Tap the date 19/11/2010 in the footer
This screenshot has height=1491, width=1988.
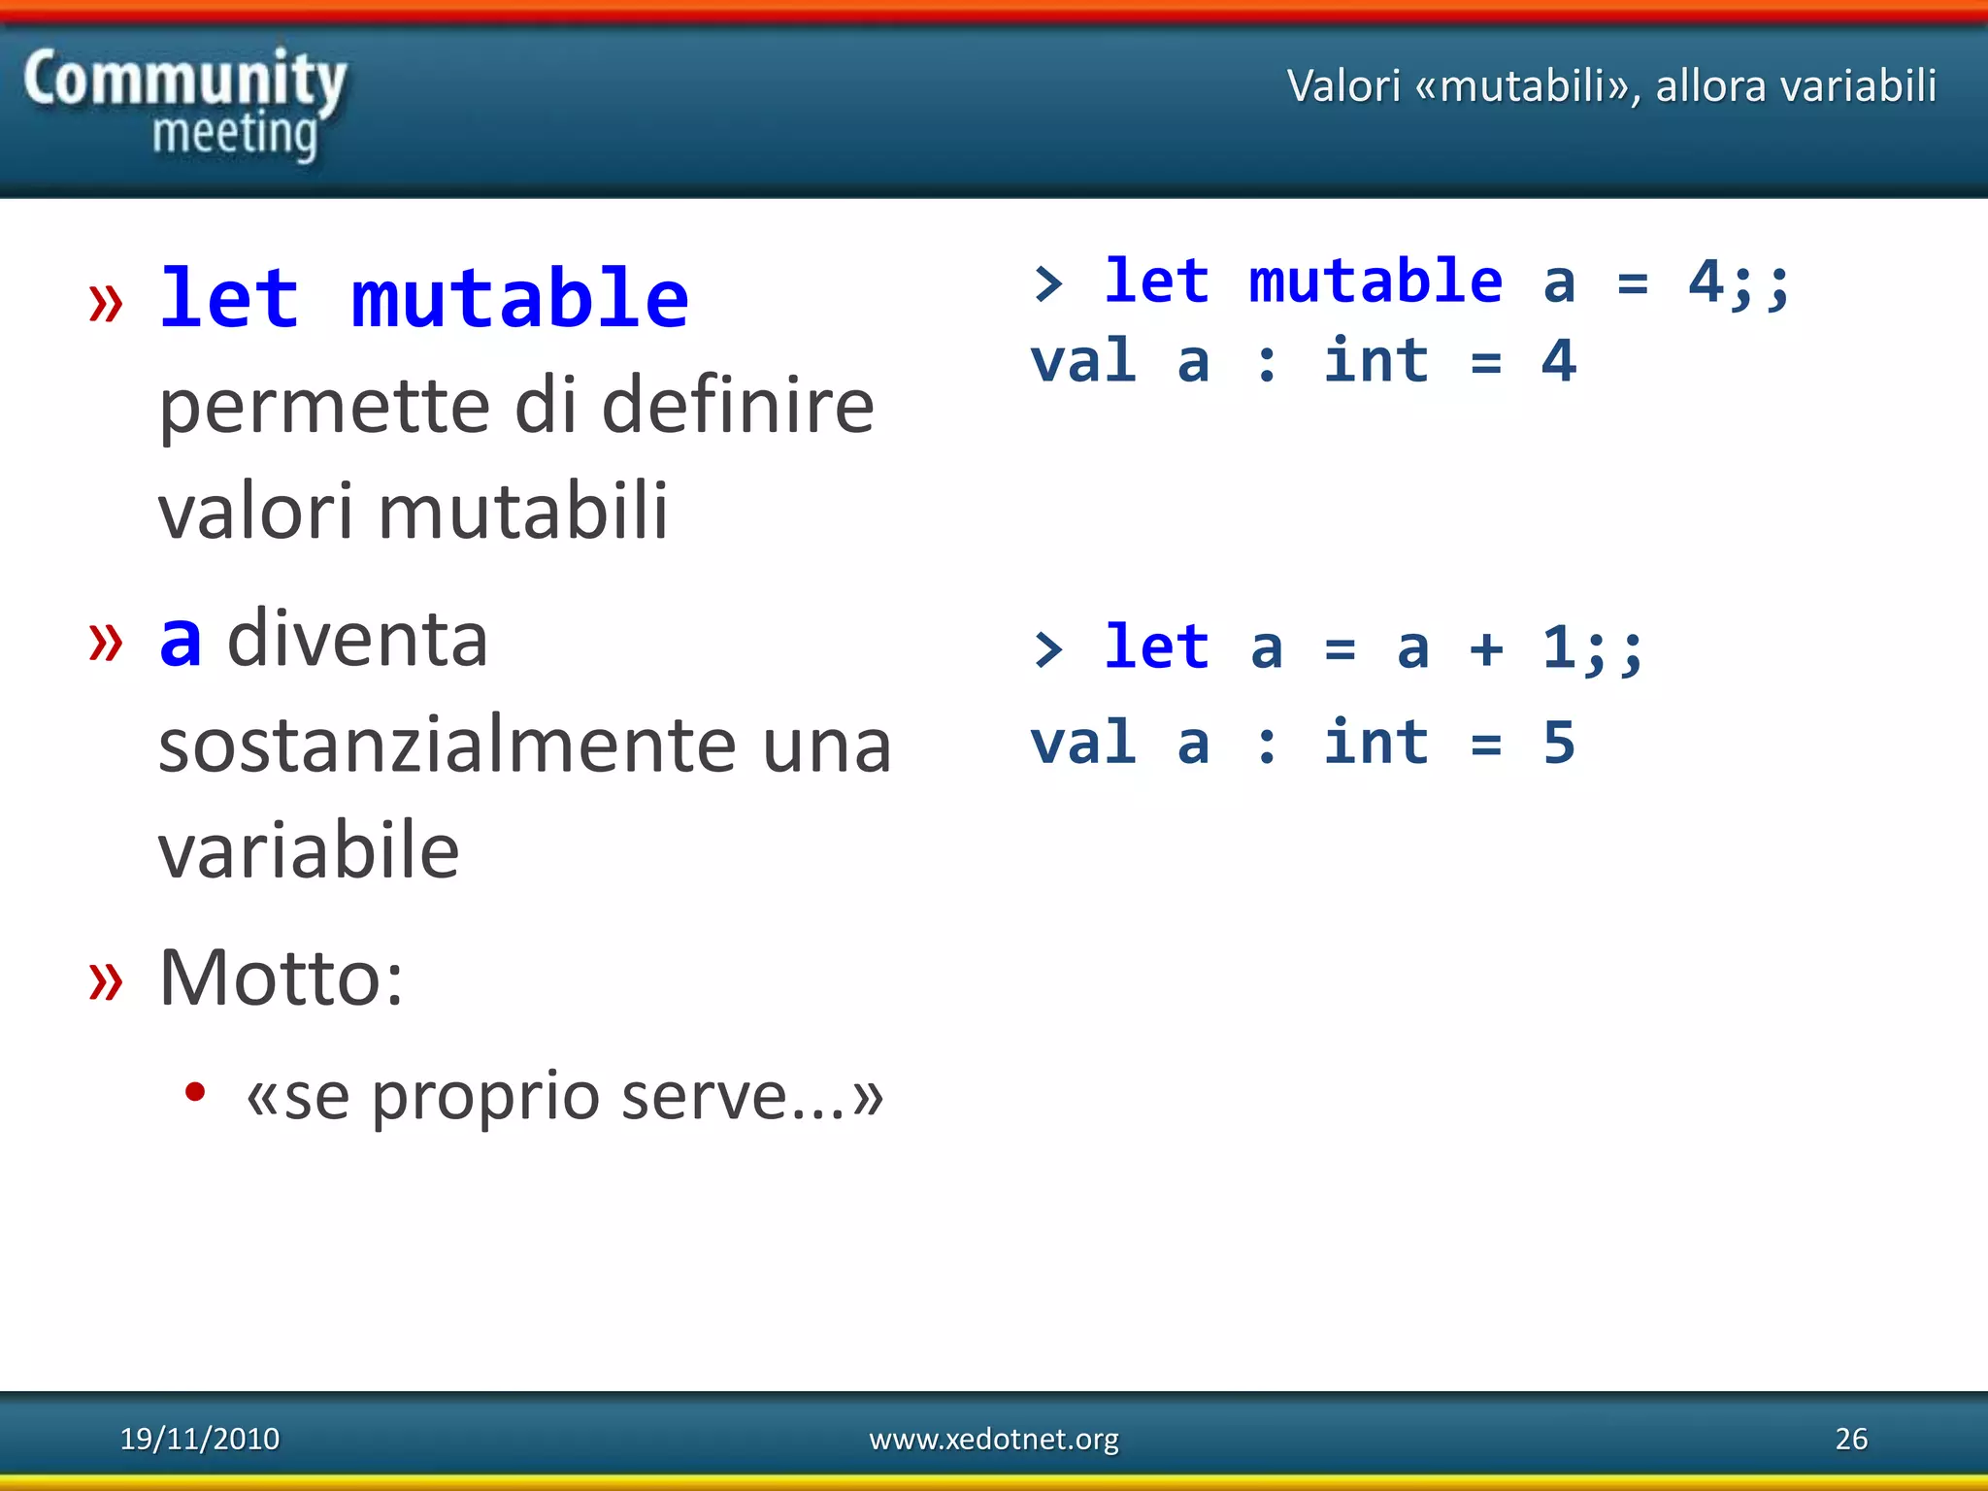pyautogui.click(x=199, y=1438)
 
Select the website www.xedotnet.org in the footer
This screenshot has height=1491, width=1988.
pyautogui.click(x=993, y=1438)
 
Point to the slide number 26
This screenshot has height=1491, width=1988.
pyautogui.click(x=1850, y=1438)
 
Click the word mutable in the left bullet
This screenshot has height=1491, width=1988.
pyautogui.click(x=519, y=299)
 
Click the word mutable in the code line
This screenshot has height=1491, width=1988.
pyautogui.click(x=1375, y=282)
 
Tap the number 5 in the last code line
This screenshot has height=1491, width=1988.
pyautogui.click(x=1558, y=743)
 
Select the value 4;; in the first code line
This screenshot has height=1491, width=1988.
pyautogui.click(x=1738, y=283)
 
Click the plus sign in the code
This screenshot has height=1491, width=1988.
pyautogui.click(x=1485, y=648)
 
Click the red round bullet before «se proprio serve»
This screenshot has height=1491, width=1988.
pyautogui.click(x=195, y=1092)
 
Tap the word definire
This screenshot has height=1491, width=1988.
pyautogui.click(x=738, y=406)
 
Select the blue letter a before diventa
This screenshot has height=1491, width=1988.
pyautogui.click(x=181, y=642)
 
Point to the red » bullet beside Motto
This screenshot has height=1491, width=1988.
pyautogui.click(x=106, y=979)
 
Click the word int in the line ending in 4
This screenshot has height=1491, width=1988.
pyautogui.click(x=1375, y=361)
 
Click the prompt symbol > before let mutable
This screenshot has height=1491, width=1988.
pyautogui.click(x=1047, y=283)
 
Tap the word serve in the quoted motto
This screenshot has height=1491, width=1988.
pyautogui.click(x=718, y=1096)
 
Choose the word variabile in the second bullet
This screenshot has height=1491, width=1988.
pyautogui.click(x=309, y=850)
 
